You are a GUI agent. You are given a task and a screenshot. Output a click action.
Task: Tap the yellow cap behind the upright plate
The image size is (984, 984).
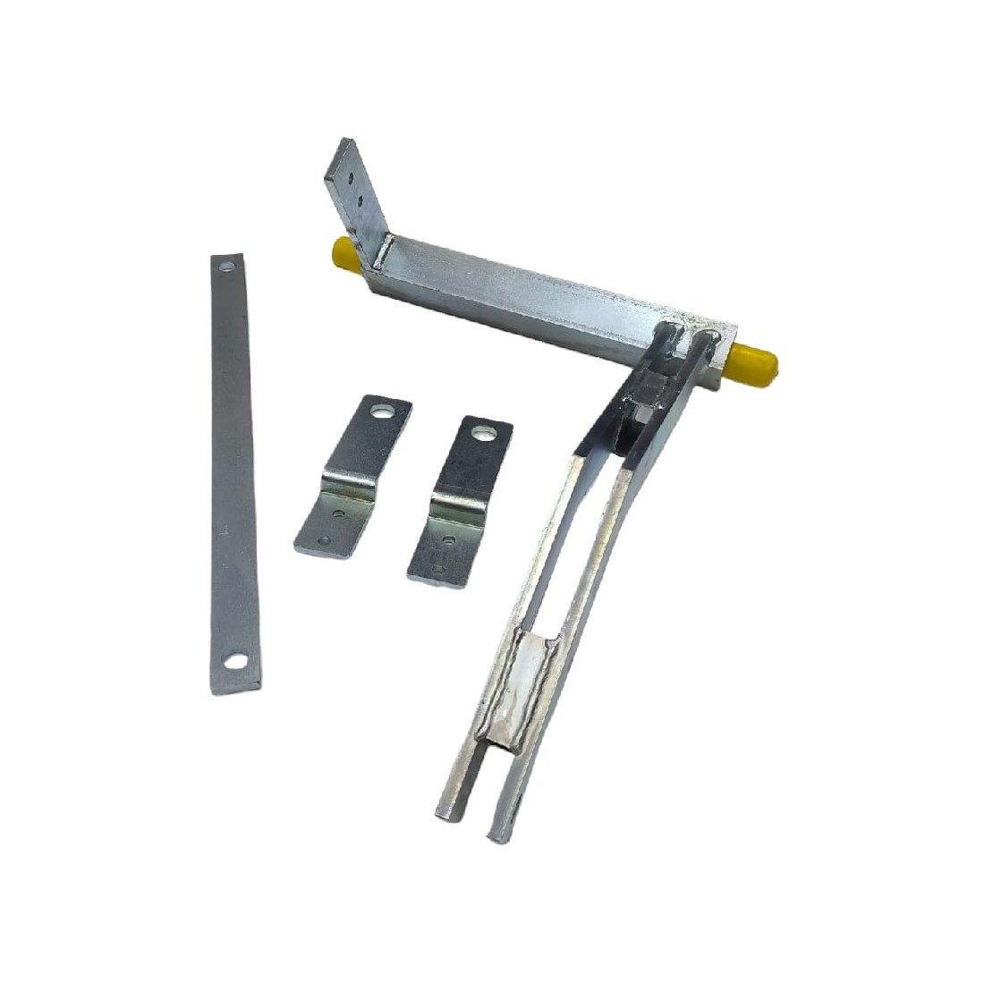pyautogui.click(x=344, y=252)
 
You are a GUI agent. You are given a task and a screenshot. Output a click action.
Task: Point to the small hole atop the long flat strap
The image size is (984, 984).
pyautogui.click(x=226, y=267)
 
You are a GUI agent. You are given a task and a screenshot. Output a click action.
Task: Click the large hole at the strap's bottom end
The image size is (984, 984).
pyautogui.click(x=235, y=662)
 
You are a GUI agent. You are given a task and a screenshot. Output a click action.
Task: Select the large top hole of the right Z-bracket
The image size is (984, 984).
pyautogui.click(x=484, y=434)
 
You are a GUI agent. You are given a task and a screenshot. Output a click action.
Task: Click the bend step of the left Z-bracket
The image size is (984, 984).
pyautogui.click(x=349, y=488)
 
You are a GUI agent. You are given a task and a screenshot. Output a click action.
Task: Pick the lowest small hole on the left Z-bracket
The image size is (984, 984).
pyautogui.click(x=323, y=540)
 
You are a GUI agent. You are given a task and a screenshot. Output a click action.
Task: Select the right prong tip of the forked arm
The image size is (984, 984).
pyautogui.click(x=497, y=834)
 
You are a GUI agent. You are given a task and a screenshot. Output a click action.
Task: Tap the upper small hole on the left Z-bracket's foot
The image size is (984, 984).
pyautogui.click(x=338, y=514)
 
